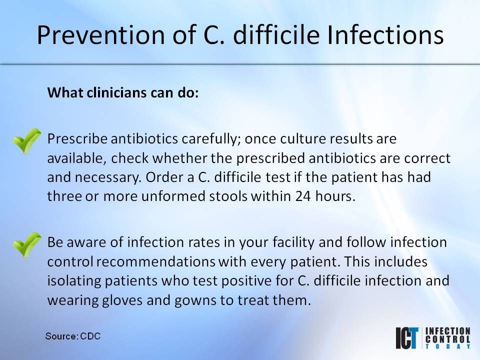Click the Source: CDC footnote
coord(72,335)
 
